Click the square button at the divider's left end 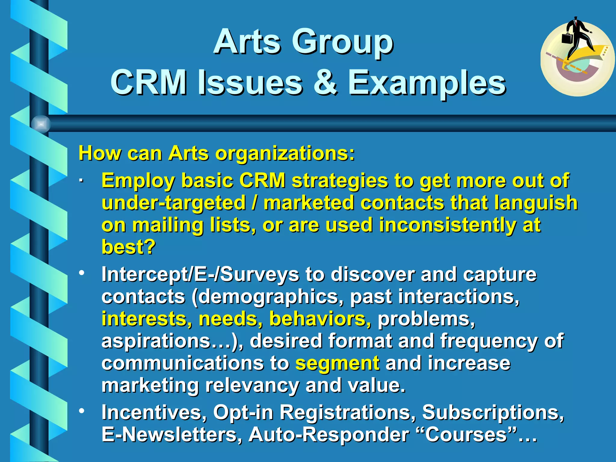point(41,124)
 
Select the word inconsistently point(448,225)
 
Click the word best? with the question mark point(128,247)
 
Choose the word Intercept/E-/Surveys point(200,275)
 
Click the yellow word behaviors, point(320,319)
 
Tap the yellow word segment point(337,363)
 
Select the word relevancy point(252,385)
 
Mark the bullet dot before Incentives point(82,411)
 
